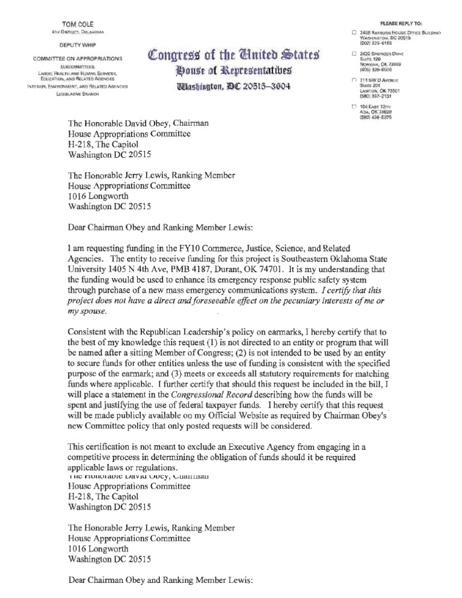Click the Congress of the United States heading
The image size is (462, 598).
click(232, 59)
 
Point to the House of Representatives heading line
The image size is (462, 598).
click(232, 73)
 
